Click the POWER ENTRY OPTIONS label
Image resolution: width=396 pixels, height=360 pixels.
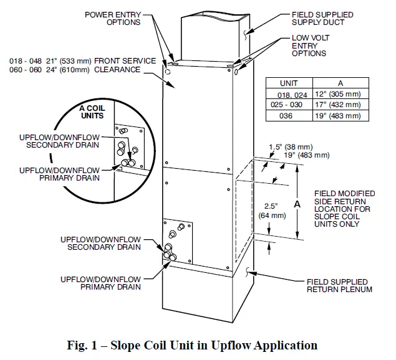point(113,19)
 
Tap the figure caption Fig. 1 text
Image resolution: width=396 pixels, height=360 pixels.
point(197,344)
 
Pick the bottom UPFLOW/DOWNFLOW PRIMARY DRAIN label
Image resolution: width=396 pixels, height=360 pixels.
point(100,283)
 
